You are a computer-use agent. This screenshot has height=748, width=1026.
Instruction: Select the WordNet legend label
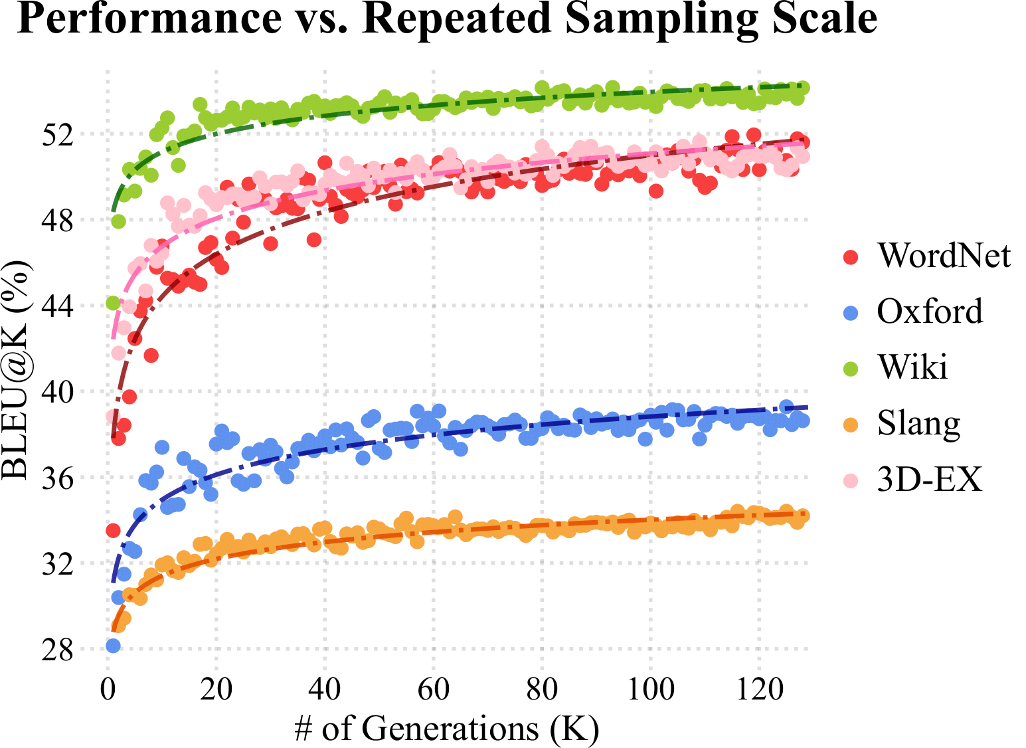point(944,256)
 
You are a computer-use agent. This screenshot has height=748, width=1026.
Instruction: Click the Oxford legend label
point(930,312)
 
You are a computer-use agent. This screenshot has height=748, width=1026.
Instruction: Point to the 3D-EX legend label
point(929,479)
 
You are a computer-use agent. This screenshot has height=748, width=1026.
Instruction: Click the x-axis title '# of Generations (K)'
point(447,729)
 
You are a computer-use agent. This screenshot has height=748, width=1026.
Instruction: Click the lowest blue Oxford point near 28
point(113,646)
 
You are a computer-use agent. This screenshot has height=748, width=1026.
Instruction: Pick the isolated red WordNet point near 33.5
point(113,531)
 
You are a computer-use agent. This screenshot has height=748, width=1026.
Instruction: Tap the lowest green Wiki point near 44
point(113,303)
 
